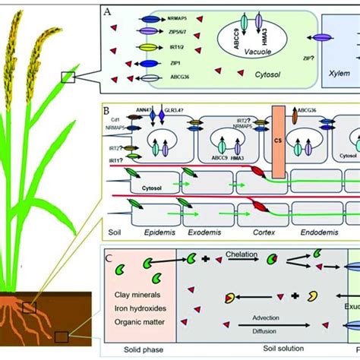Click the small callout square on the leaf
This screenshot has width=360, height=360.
pos(68,76)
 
